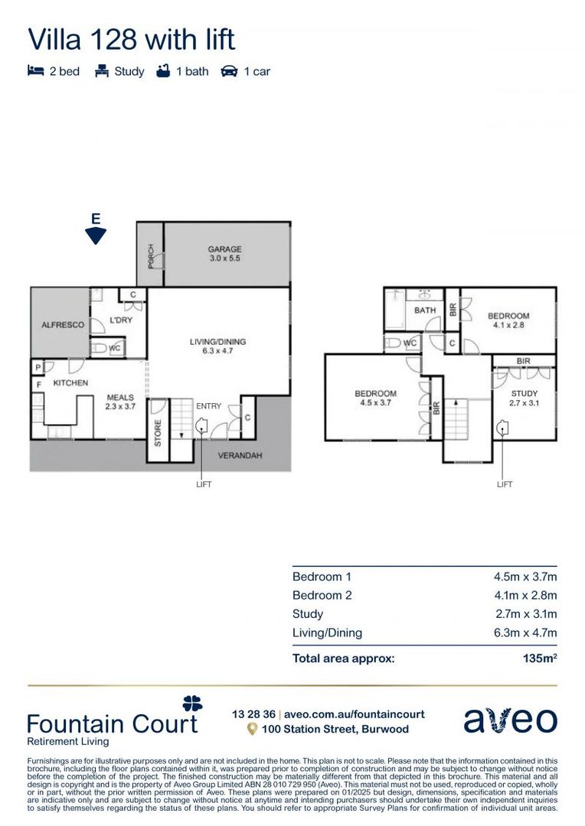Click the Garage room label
(x=224, y=254)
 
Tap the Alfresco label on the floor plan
(x=63, y=325)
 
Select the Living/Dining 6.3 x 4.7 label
(x=218, y=346)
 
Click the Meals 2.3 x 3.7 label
(x=120, y=402)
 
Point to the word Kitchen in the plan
(x=70, y=382)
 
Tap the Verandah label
(x=240, y=455)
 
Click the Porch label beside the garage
(x=151, y=255)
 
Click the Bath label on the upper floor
(x=425, y=311)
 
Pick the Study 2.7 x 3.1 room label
(x=525, y=398)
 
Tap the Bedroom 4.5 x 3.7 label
(x=375, y=398)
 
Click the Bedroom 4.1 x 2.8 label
(x=508, y=320)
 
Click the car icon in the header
(x=228, y=71)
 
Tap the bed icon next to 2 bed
(x=35, y=71)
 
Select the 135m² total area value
(x=539, y=657)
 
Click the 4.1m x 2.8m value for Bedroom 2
(x=525, y=595)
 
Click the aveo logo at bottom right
(x=510, y=720)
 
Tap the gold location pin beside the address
(x=251, y=730)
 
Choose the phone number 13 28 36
(x=253, y=714)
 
